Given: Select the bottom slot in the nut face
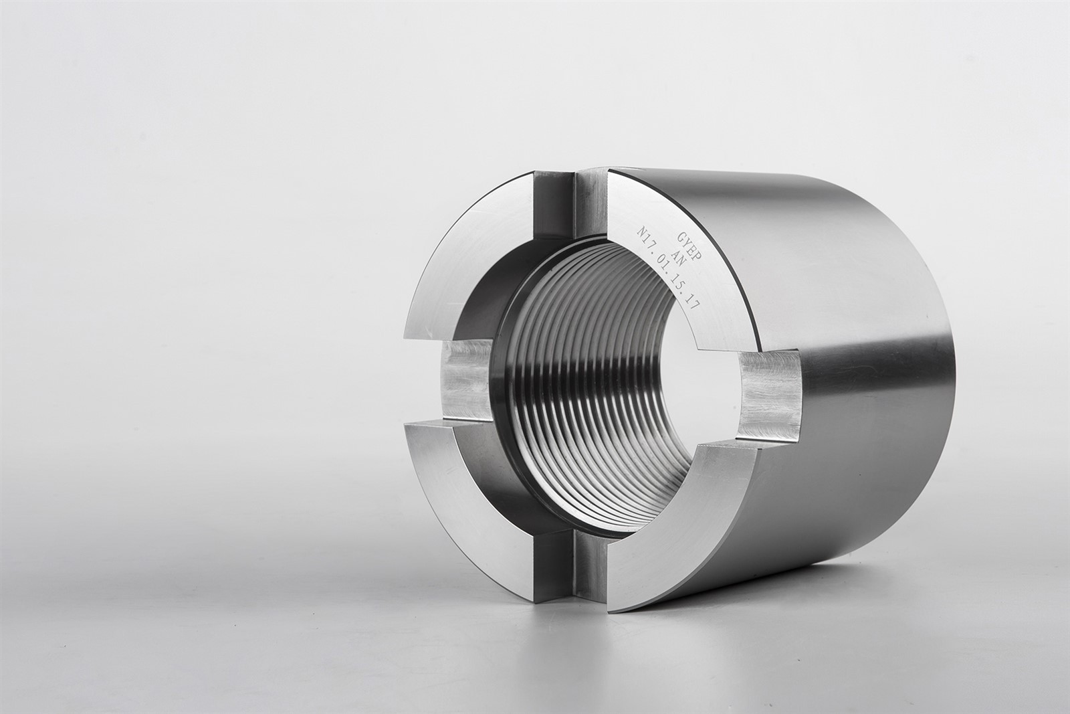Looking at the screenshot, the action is tap(568, 566).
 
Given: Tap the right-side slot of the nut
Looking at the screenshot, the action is tap(770, 393).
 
